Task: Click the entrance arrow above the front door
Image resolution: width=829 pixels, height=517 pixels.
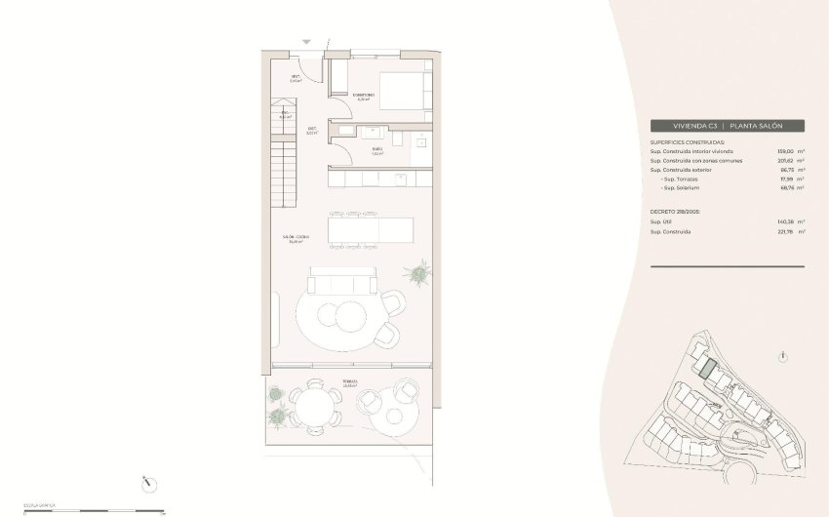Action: click(x=307, y=42)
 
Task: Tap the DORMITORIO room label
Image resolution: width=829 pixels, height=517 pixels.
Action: click(x=363, y=96)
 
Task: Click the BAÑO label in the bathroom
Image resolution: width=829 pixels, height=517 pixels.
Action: click(x=376, y=150)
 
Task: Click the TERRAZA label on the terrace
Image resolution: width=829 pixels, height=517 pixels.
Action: click(x=348, y=382)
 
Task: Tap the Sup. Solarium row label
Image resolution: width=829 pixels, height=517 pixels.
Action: click(x=684, y=188)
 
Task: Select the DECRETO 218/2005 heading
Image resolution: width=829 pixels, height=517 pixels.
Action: click(x=676, y=211)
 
